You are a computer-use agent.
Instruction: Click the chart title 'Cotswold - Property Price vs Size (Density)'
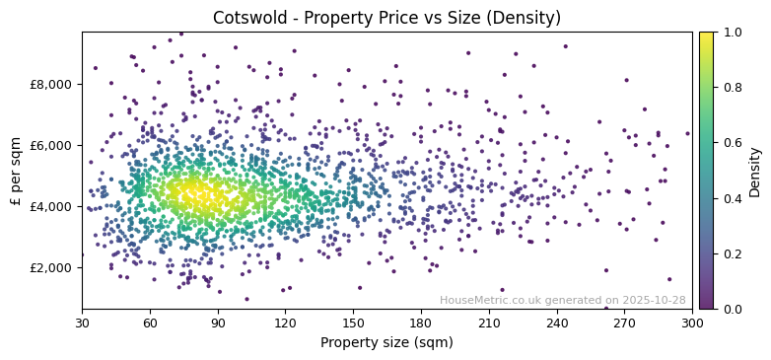point(386,18)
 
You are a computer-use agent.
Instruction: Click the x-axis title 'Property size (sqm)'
point(386,343)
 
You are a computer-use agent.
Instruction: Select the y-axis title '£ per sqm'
point(17,170)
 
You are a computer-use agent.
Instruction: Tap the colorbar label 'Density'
point(754,170)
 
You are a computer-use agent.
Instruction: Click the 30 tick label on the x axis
point(82,323)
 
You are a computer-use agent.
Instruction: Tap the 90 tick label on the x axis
point(218,323)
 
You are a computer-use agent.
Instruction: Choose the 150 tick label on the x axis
point(353,323)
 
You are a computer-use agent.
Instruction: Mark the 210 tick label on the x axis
point(489,323)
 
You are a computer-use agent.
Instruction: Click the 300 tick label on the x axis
point(692,323)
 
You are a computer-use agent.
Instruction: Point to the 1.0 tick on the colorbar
point(731,32)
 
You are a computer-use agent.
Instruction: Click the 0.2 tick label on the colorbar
point(731,253)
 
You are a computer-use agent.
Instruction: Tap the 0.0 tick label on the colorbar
point(731,309)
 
